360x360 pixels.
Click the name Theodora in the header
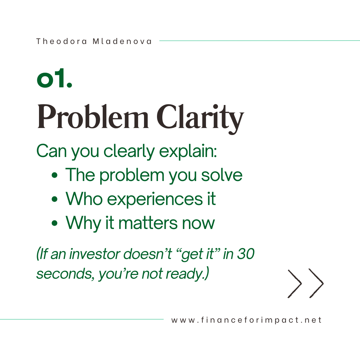click(x=62, y=41)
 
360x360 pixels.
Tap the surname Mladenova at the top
click(x=122, y=41)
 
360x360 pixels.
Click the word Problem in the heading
click(x=93, y=117)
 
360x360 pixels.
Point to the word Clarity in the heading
click(x=200, y=118)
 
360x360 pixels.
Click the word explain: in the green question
click(x=188, y=152)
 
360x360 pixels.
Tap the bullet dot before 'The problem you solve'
click(x=55, y=176)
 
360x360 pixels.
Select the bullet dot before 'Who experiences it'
click(x=55, y=199)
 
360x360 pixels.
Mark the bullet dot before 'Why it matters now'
click(x=55, y=223)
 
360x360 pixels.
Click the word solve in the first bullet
click(x=222, y=175)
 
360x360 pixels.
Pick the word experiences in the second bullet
click(x=155, y=199)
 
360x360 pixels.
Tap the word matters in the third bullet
click(x=148, y=223)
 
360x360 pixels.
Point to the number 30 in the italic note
click(x=246, y=254)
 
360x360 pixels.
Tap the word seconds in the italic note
click(x=65, y=274)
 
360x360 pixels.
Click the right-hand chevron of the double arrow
click(x=316, y=283)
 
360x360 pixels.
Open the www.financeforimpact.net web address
click(x=246, y=320)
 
